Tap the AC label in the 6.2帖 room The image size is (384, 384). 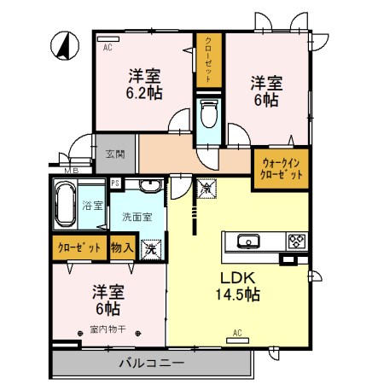[x=108, y=49]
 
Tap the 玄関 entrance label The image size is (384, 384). [x=115, y=154]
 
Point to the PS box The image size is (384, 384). [x=116, y=183]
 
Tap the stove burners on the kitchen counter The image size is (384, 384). [x=296, y=241]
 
